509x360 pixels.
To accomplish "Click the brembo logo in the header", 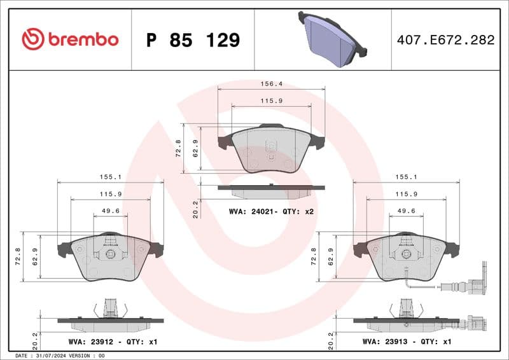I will (x=70, y=39).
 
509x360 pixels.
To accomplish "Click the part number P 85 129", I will (x=193, y=40).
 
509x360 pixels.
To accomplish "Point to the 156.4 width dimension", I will (x=271, y=83).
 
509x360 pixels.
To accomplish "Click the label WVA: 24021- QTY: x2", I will (x=272, y=212).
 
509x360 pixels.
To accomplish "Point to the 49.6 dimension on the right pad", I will (x=406, y=211).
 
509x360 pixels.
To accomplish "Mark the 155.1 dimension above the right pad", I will (x=406, y=177).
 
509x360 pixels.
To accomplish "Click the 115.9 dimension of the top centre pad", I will (x=271, y=101).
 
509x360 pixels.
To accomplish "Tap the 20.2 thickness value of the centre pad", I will (x=196, y=209).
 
